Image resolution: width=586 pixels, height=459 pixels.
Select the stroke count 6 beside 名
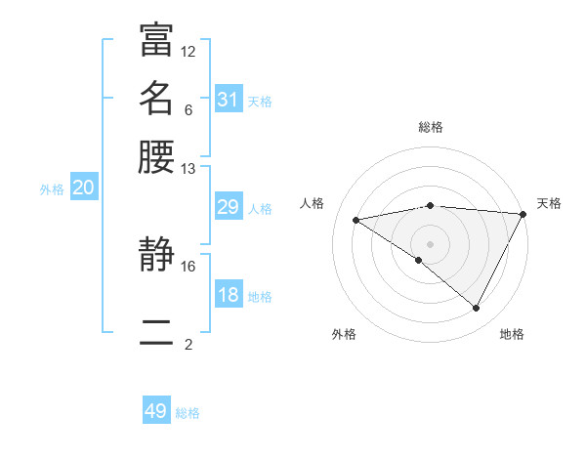188,109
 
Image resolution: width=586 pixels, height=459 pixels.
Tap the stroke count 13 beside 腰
188,168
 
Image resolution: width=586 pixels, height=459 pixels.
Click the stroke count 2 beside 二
188,344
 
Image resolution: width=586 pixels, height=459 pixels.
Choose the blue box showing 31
229,100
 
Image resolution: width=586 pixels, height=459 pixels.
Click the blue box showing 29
229,207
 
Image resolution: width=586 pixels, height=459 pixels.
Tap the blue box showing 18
229,295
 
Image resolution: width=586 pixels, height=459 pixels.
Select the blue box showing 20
83,188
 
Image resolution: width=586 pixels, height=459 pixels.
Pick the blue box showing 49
156,411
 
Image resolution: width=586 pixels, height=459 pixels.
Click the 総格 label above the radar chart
431,127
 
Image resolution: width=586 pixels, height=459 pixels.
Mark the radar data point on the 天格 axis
523,215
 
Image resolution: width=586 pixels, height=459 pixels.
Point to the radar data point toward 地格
477,308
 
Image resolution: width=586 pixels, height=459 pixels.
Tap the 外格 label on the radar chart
344,334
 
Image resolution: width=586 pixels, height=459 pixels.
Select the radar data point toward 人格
356,220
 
